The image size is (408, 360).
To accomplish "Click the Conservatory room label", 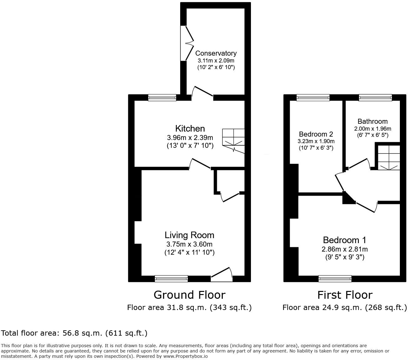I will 216,53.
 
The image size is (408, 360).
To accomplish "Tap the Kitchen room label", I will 190,128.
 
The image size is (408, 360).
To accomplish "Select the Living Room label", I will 189,235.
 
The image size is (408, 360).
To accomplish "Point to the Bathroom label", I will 372,121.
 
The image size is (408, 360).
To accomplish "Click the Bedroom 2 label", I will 315,134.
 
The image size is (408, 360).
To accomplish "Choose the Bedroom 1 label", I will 344,240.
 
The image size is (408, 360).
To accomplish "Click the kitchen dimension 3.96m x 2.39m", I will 190,137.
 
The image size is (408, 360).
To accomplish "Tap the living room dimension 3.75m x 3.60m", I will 189,244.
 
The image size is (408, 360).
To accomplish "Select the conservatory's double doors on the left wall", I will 187,42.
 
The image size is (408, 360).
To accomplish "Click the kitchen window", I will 162,97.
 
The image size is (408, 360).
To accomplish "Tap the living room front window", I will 171,278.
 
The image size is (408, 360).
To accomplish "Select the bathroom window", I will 375,97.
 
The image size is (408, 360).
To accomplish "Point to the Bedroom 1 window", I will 335,278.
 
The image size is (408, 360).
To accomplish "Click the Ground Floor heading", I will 189,295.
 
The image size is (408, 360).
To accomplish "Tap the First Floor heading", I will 345,295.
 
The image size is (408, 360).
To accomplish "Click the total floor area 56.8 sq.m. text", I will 74,333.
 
